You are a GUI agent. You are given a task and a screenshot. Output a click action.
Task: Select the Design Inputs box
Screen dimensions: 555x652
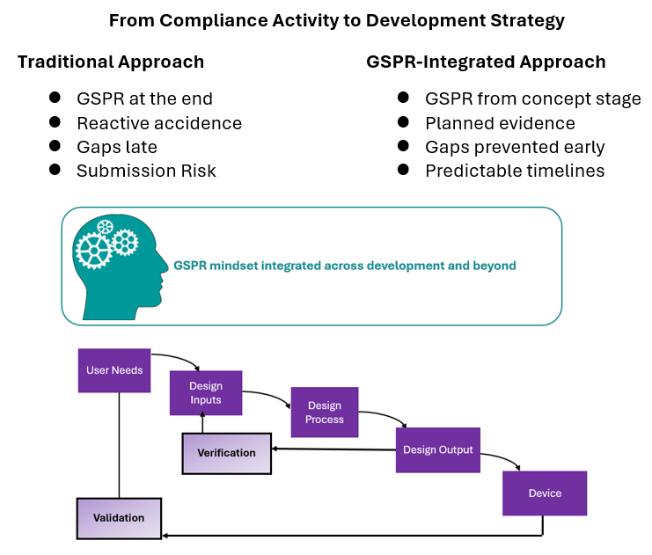tap(206, 393)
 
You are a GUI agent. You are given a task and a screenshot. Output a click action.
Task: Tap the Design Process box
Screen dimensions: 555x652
tap(325, 413)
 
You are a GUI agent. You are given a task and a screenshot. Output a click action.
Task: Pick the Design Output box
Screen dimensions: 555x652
tap(437, 449)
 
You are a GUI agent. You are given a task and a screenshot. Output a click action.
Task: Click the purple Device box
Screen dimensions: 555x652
tap(544, 493)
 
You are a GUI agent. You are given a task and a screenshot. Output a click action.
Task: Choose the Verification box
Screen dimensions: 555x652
tap(226, 453)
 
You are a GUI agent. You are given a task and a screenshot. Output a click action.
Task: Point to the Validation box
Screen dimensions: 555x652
tap(119, 518)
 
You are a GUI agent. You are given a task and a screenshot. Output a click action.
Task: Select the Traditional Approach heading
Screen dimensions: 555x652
tap(111, 62)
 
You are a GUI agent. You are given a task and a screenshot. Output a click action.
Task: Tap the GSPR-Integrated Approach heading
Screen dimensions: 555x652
tap(486, 62)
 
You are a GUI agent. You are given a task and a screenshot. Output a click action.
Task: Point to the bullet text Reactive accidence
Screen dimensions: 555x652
tap(159, 123)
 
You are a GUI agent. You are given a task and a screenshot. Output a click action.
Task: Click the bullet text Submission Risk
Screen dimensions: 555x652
tap(146, 171)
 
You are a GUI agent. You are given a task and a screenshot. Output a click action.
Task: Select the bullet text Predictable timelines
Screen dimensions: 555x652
tap(515, 171)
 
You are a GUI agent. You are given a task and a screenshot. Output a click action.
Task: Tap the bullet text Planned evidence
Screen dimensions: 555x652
tap(500, 123)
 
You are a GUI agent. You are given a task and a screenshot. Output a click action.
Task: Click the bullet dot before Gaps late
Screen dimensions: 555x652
tap(55, 146)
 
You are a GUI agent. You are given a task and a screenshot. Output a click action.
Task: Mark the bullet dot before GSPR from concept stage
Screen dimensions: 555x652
tap(403, 99)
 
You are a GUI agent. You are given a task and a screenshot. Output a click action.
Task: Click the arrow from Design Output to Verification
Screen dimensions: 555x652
tap(334, 449)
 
